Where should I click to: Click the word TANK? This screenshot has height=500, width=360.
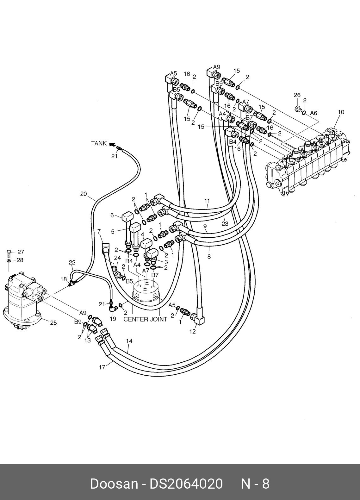(99, 143)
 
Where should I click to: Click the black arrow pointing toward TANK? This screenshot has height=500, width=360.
(113, 145)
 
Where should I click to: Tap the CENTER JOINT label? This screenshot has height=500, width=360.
(145, 319)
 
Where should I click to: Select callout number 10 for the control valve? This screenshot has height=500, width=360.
(341, 112)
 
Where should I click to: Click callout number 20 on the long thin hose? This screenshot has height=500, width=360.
(84, 194)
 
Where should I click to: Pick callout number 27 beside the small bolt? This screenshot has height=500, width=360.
(21, 252)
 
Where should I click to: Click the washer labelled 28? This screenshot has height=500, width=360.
(9, 261)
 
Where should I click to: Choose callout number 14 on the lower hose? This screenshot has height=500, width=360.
(129, 341)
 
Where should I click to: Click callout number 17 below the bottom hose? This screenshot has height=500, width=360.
(102, 367)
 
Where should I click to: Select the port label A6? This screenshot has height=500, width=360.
(313, 113)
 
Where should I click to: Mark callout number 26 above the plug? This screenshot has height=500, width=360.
(297, 95)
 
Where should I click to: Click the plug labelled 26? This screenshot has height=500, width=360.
(297, 109)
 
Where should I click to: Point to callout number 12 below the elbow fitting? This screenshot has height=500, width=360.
(192, 332)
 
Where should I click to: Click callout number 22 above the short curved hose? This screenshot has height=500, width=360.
(72, 263)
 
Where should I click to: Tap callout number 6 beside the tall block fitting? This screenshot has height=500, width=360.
(112, 215)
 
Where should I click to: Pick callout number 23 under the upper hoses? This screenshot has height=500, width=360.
(225, 223)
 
